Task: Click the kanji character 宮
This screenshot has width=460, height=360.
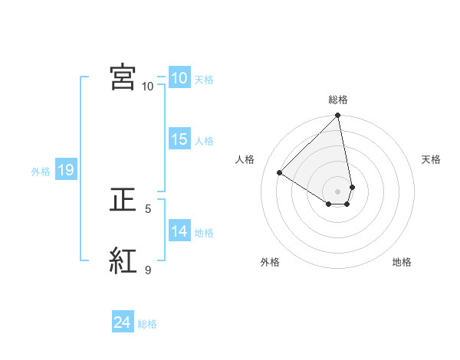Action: pyautogui.click(x=123, y=77)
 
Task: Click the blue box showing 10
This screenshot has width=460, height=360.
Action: pyautogui.click(x=179, y=78)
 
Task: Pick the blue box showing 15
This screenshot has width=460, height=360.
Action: pyautogui.click(x=179, y=139)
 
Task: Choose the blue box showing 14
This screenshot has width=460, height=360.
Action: pyautogui.click(x=179, y=231)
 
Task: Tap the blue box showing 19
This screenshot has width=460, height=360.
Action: pyautogui.click(x=65, y=171)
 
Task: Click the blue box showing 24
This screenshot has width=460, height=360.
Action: pyautogui.click(x=122, y=323)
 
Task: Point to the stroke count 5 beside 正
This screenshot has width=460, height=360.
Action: pyautogui.click(x=148, y=208)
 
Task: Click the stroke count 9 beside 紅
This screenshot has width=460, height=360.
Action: pyautogui.click(x=148, y=270)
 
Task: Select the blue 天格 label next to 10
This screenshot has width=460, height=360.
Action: pyautogui.click(x=204, y=79)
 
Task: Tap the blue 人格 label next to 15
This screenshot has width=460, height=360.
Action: pyautogui.click(x=204, y=140)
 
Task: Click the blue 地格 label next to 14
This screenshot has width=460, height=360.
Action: pyautogui.click(x=204, y=232)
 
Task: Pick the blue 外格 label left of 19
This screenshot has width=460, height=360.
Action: pyautogui.click(x=41, y=172)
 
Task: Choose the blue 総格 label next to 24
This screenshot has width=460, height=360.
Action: pyautogui.click(x=147, y=324)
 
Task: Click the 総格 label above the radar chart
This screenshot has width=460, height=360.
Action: pyautogui.click(x=338, y=100)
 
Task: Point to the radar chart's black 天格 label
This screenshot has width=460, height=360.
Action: pyautogui.click(x=431, y=159)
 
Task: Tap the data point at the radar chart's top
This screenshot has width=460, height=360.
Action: pyautogui.click(x=338, y=116)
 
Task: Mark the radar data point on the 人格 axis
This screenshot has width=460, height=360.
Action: pyautogui.click(x=280, y=172)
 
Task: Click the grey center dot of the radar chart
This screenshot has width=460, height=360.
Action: pyautogui.click(x=338, y=191)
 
